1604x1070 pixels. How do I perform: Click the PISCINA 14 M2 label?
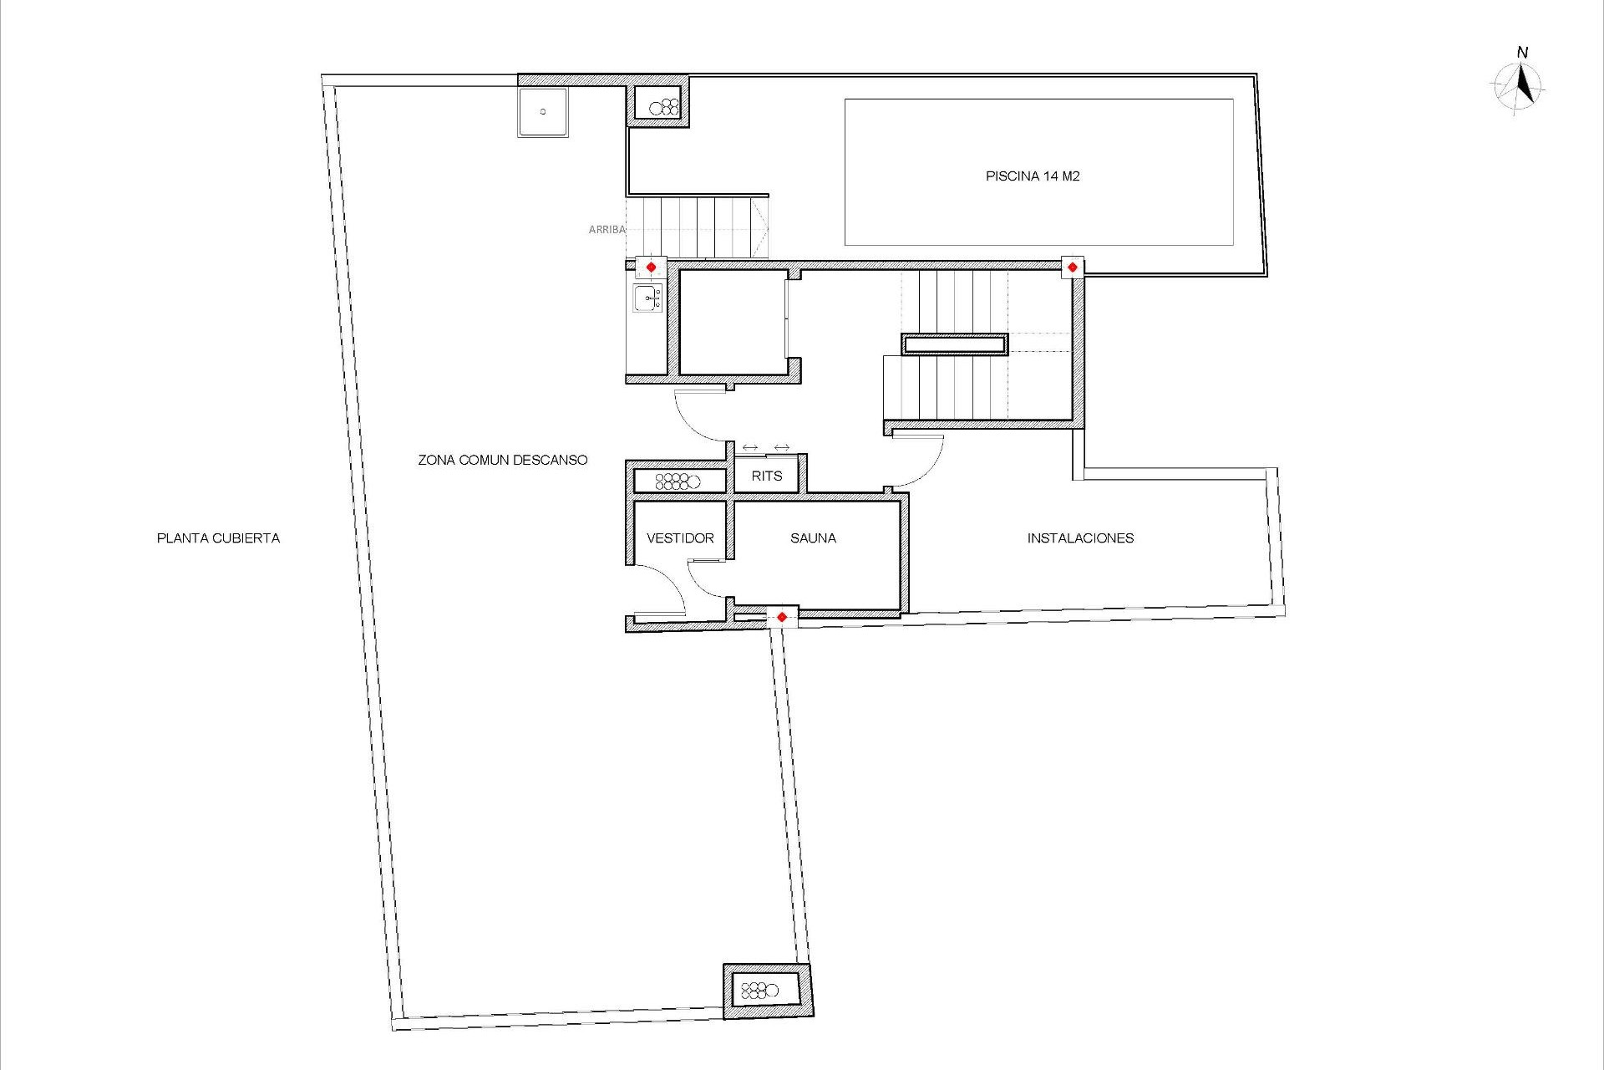click(x=1033, y=176)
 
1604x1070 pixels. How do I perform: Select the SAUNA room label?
click(x=813, y=538)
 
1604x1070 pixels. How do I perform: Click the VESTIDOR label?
click(x=680, y=538)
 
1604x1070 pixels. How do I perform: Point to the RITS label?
click(x=766, y=476)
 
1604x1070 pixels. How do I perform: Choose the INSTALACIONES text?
click(x=1080, y=538)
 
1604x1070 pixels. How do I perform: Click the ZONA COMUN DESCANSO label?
click(x=503, y=460)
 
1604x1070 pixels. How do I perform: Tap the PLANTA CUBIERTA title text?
click(x=218, y=538)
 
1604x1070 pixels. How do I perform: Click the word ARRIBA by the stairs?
click(x=607, y=229)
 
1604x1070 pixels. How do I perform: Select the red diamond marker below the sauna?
click(x=781, y=617)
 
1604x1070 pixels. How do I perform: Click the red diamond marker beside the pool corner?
click(x=1073, y=267)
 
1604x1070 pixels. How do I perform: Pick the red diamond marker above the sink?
click(x=651, y=267)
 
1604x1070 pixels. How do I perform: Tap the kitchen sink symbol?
click(x=647, y=298)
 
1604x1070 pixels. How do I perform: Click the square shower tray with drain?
click(x=543, y=112)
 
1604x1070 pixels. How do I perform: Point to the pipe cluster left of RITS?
click(x=678, y=481)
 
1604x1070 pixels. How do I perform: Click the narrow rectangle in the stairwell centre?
click(x=955, y=344)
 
